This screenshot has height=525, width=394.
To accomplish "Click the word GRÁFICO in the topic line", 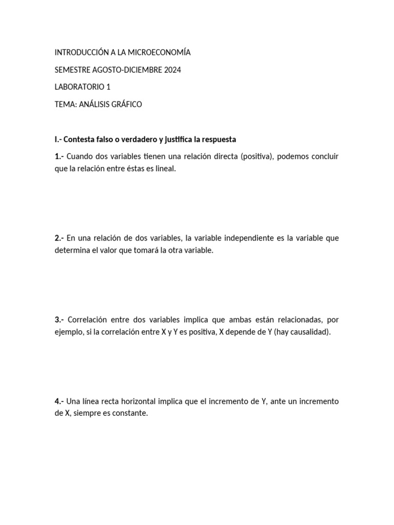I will click(125, 105).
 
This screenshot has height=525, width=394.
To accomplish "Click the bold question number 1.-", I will click(60, 156).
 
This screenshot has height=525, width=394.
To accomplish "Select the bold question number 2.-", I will click(60, 238).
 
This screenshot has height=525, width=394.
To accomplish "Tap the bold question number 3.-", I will click(60, 319).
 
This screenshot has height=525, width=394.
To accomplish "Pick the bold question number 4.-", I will click(60, 401).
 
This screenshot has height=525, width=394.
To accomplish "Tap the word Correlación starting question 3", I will click(87, 319).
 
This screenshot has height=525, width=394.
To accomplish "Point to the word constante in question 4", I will click(131, 413).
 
